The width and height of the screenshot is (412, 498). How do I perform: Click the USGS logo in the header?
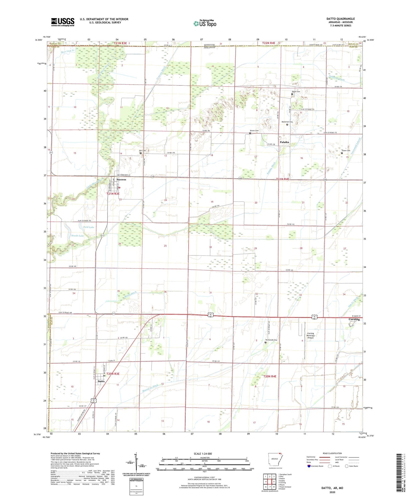(x=62, y=22)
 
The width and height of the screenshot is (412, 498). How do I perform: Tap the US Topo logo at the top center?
(x=205, y=23)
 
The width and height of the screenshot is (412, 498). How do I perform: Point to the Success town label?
(x=121, y=179)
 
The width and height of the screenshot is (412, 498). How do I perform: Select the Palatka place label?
(x=284, y=142)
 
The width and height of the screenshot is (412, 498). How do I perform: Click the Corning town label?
(x=354, y=319)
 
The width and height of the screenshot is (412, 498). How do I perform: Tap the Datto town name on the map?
(x=101, y=381)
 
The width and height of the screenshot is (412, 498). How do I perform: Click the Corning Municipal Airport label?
(x=310, y=335)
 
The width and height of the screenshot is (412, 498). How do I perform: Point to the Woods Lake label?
(x=77, y=236)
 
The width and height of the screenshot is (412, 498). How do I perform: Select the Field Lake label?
(x=89, y=227)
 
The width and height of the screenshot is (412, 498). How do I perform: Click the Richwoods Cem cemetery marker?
(x=265, y=342)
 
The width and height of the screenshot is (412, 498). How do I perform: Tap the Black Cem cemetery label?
(x=296, y=91)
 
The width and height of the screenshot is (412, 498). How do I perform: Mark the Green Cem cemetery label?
(x=346, y=151)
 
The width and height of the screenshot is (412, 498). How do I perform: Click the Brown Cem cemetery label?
(x=254, y=130)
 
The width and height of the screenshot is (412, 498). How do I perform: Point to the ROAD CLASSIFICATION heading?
(x=332, y=453)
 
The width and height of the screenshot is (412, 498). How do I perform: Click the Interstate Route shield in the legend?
(x=309, y=466)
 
